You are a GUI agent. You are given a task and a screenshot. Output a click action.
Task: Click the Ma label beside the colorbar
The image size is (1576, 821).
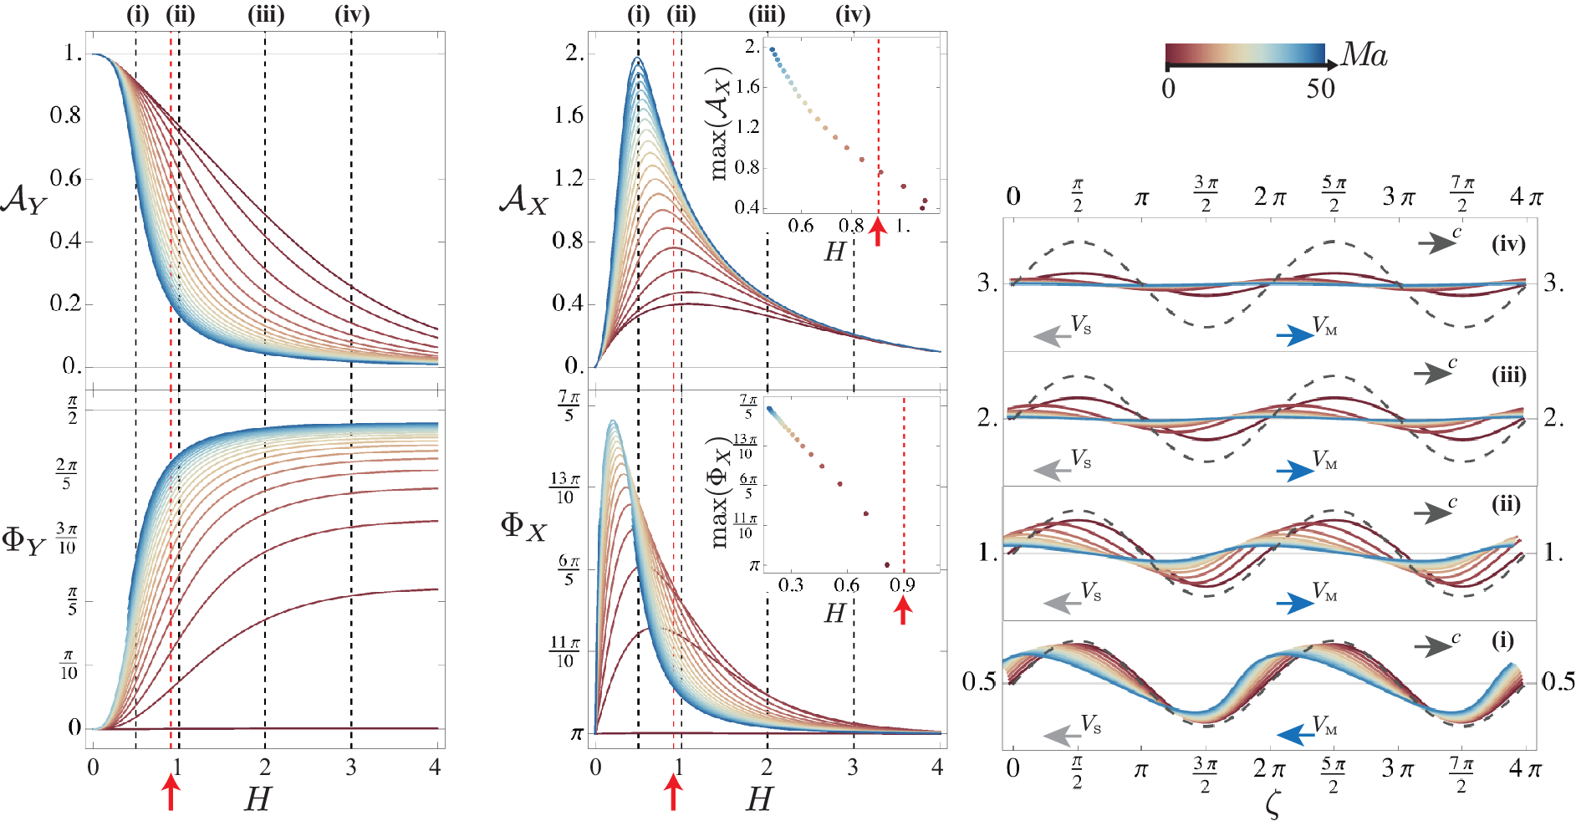[1364, 55]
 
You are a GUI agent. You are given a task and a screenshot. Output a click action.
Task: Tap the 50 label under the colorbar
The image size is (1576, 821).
[1321, 89]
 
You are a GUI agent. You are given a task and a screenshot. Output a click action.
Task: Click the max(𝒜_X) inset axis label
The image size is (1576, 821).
[719, 124]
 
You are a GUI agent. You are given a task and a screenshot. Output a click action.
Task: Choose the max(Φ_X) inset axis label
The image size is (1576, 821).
[720, 492]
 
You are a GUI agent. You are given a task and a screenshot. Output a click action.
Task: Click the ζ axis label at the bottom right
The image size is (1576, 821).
[1273, 804]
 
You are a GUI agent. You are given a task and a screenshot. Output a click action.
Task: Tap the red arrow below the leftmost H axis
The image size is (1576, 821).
[171, 792]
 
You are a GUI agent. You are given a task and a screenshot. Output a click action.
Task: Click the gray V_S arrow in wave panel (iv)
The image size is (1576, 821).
[1052, 336]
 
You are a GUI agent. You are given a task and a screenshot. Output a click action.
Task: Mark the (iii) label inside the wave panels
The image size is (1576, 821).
[1509, 375]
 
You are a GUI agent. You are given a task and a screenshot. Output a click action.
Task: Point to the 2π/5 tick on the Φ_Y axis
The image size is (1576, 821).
[66, 474]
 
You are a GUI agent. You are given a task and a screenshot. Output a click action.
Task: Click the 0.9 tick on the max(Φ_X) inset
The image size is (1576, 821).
[902, 584]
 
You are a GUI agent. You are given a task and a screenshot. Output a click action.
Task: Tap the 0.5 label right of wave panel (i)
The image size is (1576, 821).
[1558, 681]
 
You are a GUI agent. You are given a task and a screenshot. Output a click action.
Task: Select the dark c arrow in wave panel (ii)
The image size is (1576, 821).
[1433, 512]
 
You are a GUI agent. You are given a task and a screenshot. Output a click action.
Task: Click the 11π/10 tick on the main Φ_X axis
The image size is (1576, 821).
[564, 652]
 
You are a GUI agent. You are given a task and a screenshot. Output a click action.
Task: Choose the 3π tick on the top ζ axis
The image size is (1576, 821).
[1399, 197]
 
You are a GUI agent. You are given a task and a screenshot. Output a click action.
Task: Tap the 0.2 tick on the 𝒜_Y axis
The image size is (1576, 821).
[66, 303]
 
